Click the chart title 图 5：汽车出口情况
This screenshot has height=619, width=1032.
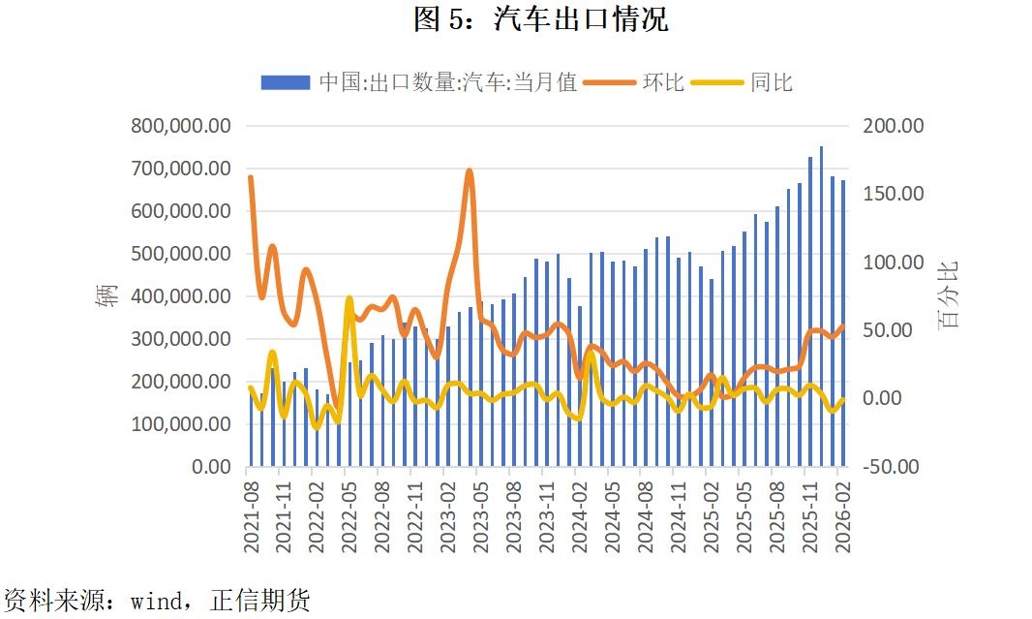point(540,18)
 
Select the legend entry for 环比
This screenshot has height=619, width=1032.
point(663,82)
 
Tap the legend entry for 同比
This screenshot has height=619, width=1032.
point(771,82)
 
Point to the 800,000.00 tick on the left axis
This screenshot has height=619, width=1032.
point(182,126)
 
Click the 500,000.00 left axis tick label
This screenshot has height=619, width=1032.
point(182,254)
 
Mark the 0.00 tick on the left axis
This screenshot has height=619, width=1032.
point(210,467)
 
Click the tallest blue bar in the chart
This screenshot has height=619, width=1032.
point(821,291)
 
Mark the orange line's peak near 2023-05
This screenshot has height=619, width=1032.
point(469,171)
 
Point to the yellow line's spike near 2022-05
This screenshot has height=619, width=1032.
point(349,299)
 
